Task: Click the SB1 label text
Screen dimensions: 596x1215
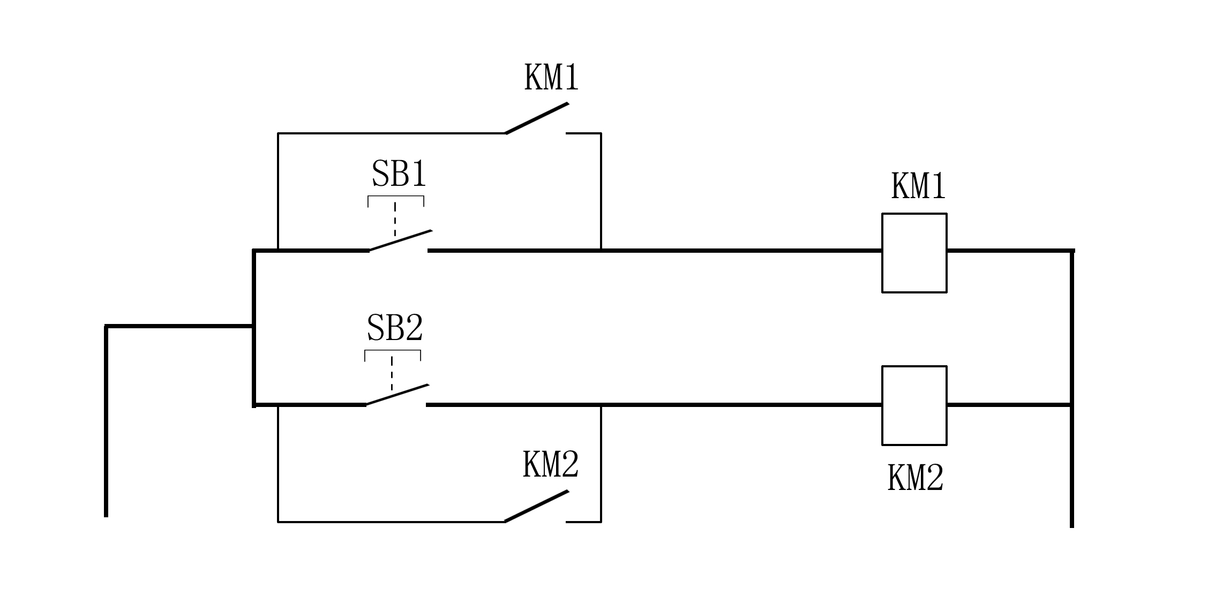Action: [399, 174]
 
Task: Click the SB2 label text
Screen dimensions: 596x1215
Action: [395, 328]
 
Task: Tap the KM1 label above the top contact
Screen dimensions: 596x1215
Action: [551, 78]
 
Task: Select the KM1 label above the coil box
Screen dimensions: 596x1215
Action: [918, 186]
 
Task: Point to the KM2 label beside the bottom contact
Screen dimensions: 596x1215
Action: [550, 464]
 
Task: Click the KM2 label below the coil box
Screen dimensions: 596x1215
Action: [915, 478]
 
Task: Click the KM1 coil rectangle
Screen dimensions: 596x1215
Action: [914, 253]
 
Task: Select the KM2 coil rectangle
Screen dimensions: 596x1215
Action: [914, 405]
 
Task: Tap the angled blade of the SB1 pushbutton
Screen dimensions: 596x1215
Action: [401, 240]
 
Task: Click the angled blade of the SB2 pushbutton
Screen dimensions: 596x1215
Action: [397, 395]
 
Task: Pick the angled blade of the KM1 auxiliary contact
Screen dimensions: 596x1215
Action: [537, 118]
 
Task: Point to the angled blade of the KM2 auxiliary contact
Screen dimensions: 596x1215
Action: [536, 506]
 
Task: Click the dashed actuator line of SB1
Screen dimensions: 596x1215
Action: [395, 220]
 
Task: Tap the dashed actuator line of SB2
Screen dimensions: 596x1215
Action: [392, 373]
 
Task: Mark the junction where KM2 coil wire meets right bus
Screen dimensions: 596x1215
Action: [1071, 405]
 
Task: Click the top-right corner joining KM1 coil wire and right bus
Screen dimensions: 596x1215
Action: [1071, 251]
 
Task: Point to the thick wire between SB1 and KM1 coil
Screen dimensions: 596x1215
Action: [739, 250]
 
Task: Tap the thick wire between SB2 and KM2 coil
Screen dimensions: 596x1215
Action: [739, 405]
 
